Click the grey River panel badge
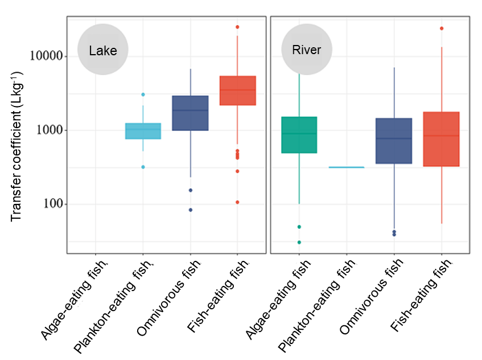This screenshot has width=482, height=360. tap(306, 50)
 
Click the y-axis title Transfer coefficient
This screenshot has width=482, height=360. tap(17, 146)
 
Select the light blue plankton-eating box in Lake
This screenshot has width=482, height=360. tap(143, 131)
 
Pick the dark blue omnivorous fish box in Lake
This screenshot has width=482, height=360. tap(190, 113)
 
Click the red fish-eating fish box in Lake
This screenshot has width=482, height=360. tap(237, 91)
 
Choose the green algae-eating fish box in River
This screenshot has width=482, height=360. tap(299, 134)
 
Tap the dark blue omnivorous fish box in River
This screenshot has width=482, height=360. tap(394, 141)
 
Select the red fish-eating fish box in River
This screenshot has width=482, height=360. tap(441, 139)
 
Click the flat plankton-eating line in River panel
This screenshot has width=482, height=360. tap(347, 167)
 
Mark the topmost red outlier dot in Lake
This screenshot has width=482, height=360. tap(237, 27)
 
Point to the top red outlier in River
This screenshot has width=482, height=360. tap(441, 28)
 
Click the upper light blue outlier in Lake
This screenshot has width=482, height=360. tap(143, 95)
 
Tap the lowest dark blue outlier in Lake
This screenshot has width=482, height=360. tap(190, 210)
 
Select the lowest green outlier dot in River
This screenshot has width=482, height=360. tap(299, 242)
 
